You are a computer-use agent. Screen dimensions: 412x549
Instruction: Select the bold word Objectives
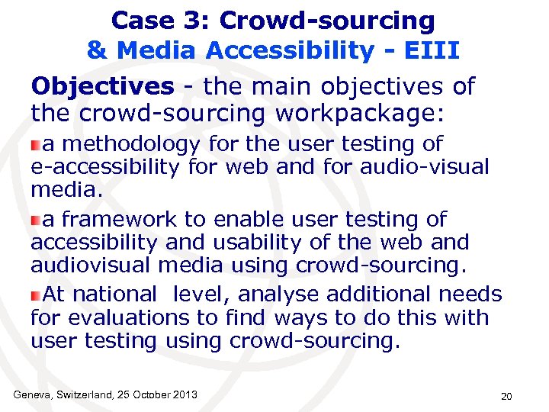102,86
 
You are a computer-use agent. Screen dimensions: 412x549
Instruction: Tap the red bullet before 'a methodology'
36,145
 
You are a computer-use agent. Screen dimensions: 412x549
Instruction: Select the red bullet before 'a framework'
36,220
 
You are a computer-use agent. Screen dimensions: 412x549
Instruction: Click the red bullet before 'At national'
36,295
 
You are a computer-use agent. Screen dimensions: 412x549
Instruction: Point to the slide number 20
506,396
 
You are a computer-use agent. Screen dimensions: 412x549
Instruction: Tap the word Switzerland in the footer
82,394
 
